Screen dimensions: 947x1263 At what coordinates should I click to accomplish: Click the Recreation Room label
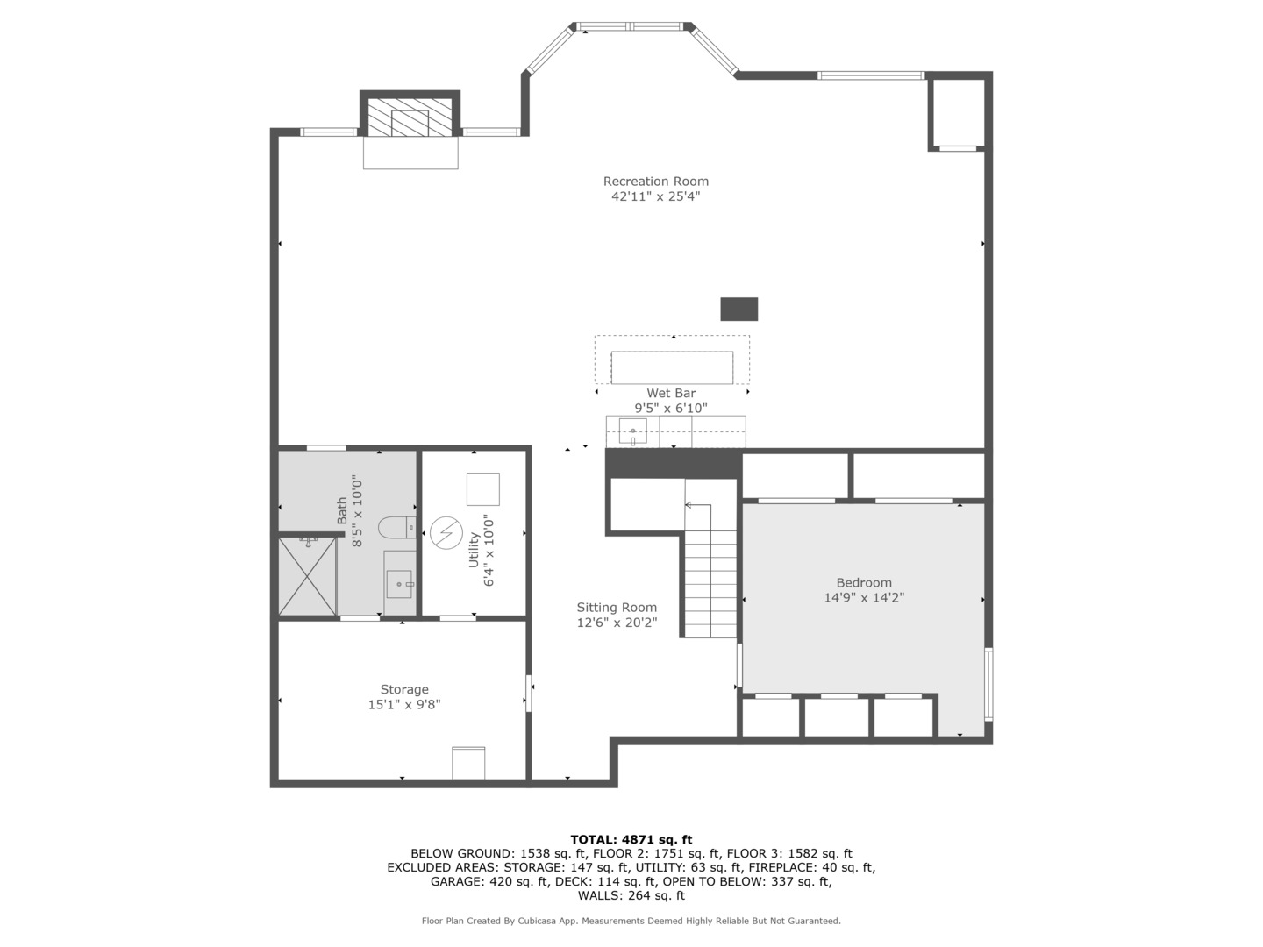(x=655, y=182)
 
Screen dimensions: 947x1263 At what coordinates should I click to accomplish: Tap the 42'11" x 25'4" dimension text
(x=655, y=197)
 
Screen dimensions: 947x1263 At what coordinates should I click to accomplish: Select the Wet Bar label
(x=671, y=394)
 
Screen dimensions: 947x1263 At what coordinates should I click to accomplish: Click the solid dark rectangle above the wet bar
(x=739, y=310)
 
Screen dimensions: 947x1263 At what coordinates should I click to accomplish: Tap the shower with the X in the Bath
(x=307, y=576)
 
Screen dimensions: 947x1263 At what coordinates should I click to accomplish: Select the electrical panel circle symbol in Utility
(x=445, y=531)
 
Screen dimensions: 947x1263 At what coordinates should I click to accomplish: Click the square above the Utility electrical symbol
(x=482, y=488)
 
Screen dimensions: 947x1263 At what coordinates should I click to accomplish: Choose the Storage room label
(x=404, y=690)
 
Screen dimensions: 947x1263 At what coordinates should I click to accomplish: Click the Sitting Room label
(x=617, y=608)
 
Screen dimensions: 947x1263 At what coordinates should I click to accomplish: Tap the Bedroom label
(x=864, y=583)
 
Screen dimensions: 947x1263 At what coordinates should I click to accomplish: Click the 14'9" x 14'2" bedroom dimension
(x=864, y=598)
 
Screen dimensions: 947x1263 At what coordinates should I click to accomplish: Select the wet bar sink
(x=632, y=431)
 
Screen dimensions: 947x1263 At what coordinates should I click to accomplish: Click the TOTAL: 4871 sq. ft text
(x=631, y=839)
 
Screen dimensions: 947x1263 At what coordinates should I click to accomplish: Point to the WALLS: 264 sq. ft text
(x=631, y=895)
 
